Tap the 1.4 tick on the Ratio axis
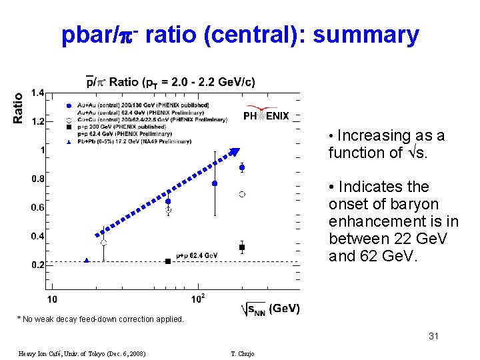click(x=37, y=93)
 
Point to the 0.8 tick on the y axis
click(x=37, y=179)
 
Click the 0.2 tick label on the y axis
click(x=37, y=265)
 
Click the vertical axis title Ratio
click(x=18, y=107)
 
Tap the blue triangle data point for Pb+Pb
click(x=87, y=261)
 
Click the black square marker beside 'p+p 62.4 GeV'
click(x=168, y=261)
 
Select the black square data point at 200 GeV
click(x=242, y=247)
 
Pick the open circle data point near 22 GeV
click(x=103, y=243)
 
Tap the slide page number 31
click(x=433, y=336)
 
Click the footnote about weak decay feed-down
click(x=100, y=319)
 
